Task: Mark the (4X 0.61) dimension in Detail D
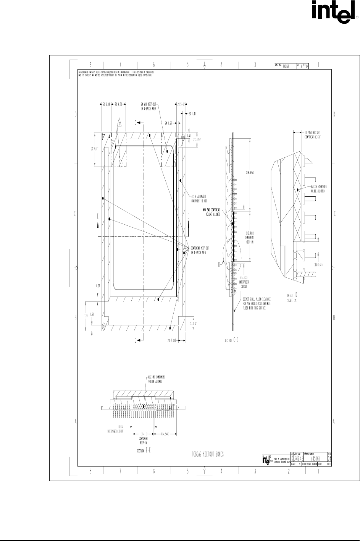(319, 264)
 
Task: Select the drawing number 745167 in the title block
(315, 458)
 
